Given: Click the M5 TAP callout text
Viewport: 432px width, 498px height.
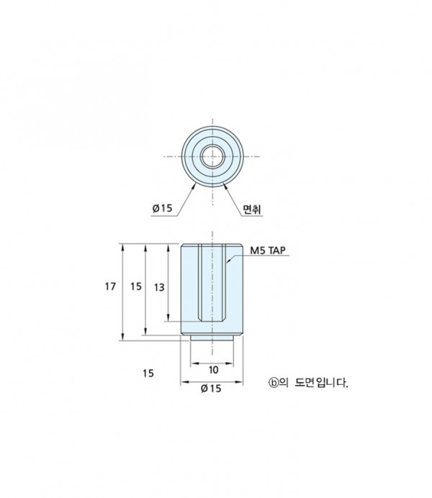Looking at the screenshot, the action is pos(268,250).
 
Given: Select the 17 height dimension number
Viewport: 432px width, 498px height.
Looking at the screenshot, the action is pos(111,286).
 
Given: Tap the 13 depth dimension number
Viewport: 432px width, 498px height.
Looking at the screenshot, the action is pos(159,287).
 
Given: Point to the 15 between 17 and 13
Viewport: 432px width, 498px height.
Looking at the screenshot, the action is pos(136,286).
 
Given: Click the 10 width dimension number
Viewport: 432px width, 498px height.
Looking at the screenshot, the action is pos(213,370).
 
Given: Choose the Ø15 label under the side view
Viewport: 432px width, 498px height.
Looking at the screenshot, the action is pos(211,388).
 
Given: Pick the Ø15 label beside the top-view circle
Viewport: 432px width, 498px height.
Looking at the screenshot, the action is pos(162,208).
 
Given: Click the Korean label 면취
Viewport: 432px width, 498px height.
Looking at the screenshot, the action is pos(252,209).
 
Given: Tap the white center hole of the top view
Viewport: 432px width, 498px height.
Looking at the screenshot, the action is pos(212,156).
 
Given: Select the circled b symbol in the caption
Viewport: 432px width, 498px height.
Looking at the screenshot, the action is pos(273,383).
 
